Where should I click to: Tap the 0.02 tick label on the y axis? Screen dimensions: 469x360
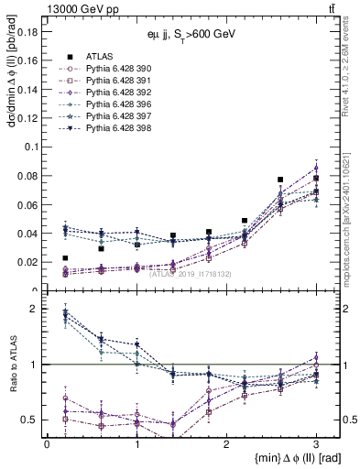(26, 262)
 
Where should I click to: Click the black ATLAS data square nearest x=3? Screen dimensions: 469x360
(316, 179)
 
